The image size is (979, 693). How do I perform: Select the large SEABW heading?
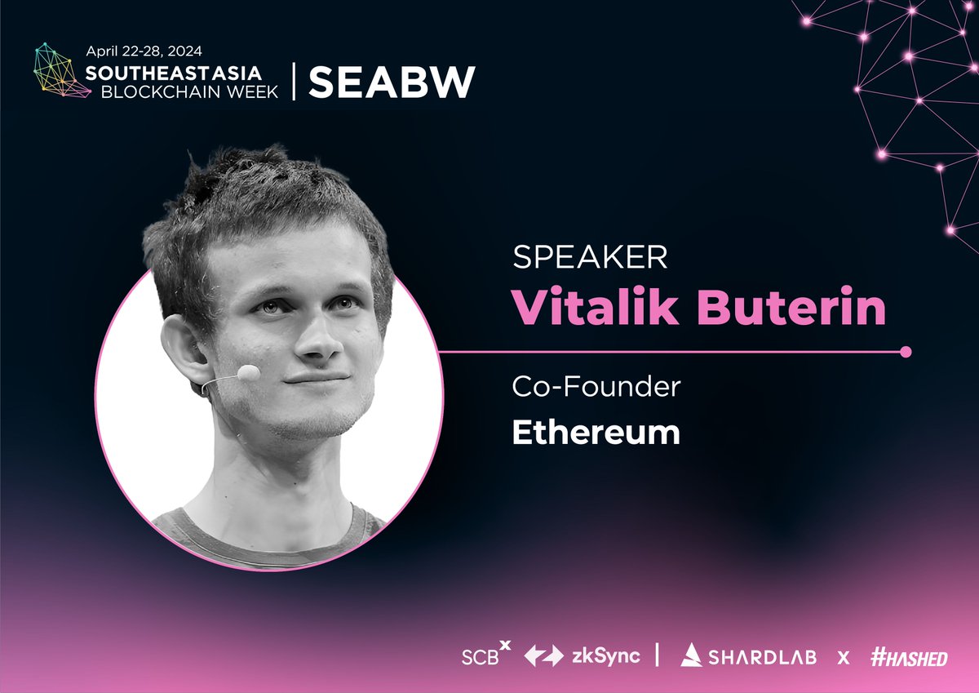(x=392, y=81)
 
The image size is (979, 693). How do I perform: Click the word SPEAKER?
(x=590, y=258)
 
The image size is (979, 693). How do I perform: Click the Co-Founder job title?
(x=596, y=386)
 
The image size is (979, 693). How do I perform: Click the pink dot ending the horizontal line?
(x=904, y=353)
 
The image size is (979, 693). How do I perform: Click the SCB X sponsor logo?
(x=485, y=655)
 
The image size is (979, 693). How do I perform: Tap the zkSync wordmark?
(x=605, y=655)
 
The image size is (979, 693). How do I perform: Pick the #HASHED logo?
(x=907, y=655)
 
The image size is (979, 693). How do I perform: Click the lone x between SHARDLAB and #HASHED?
(x=844, y=656)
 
